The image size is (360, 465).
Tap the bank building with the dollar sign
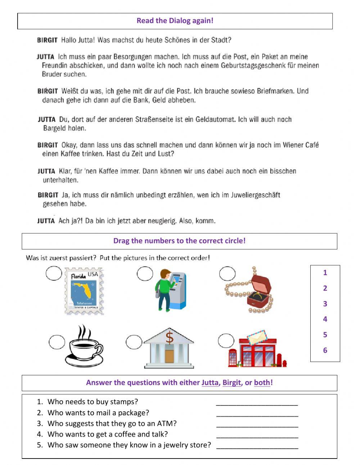coord(169,348)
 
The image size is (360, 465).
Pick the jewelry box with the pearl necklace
coord(250,290)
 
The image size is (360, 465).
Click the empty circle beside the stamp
coord(54,273)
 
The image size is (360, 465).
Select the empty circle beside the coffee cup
coord(57,342)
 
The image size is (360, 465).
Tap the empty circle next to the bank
coord(134,342)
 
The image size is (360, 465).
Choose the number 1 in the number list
coord(325,273)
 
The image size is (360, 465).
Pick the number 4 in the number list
coord(325,319)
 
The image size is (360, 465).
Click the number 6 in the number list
coord(325,350)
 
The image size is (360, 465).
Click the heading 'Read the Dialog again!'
coord(175,21)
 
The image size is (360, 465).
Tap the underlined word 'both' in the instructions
coord(262,383)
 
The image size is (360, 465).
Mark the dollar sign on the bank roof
coord(169,338)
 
